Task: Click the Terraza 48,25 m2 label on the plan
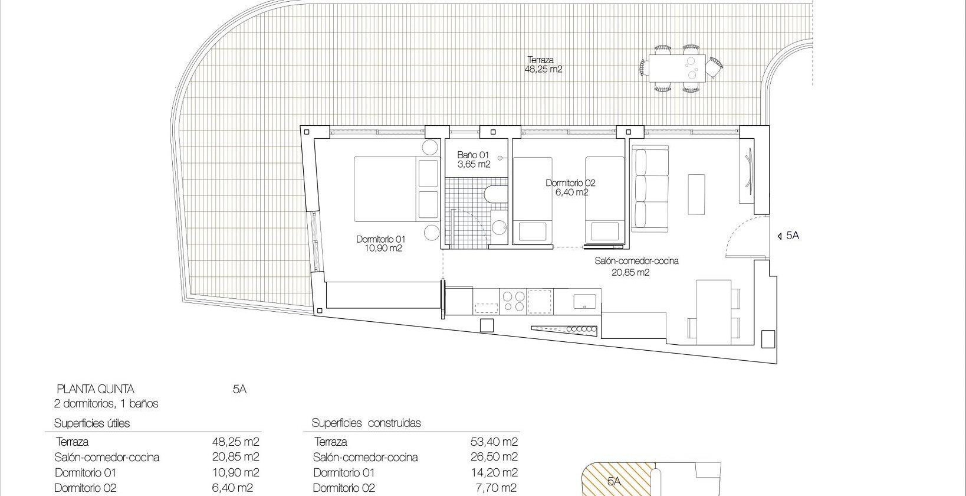(543, 64)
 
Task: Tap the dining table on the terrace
(676, 67)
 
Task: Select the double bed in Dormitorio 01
(386, 188)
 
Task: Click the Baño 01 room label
(474, 159)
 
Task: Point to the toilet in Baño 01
(490, 195)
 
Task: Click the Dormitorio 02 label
(570, 187)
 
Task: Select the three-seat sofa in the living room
(651, 189)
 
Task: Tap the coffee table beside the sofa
(696, 194)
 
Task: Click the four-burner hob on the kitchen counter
(512, 300)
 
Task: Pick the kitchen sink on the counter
(586, 301)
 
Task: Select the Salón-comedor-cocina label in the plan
(636, 266)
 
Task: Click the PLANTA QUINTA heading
(95, 389)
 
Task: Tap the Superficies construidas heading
(366, 423)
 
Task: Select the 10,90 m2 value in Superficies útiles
(235, 472)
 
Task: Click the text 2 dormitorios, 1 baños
(106, 404)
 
